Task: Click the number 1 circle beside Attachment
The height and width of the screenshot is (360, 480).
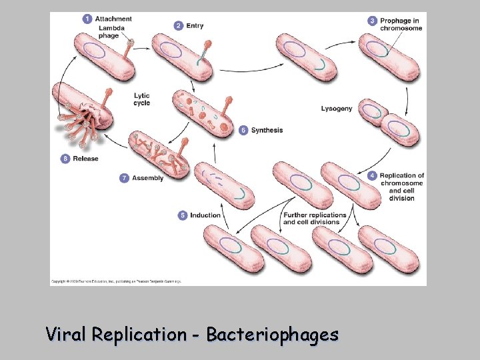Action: click(x=87, y=19)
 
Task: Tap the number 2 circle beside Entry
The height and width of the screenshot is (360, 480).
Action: click(x=179, y=25)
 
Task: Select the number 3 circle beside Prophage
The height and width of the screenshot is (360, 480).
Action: click(x=373, y=21)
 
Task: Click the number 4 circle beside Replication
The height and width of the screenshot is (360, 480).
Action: click(x=372, y=175)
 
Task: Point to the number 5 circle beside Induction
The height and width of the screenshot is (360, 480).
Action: click(x=183, y=215)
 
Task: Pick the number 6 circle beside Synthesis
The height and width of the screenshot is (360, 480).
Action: click(x=243, y=130)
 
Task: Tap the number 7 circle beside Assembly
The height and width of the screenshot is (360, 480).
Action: click(x=124, y=178)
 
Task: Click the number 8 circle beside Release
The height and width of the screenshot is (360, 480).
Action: click(x=65, y=159)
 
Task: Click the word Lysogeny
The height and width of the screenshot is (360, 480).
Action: click(x=337, y=109)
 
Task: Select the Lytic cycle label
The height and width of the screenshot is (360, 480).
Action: click(x=142, y=99)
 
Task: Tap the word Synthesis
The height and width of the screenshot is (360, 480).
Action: click(x=267, y=130)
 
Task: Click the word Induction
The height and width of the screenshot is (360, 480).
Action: click(x=205, y=215)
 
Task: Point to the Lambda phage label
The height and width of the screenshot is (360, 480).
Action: click(x=111, y=31)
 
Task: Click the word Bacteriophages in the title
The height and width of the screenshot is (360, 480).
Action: click(x=272, y=334)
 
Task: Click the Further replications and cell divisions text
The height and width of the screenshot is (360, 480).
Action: click(x=315, y=219)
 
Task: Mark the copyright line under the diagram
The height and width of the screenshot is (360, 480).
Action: click(x=116, y=282)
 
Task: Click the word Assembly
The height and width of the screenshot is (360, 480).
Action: click(x=148, y=178)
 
